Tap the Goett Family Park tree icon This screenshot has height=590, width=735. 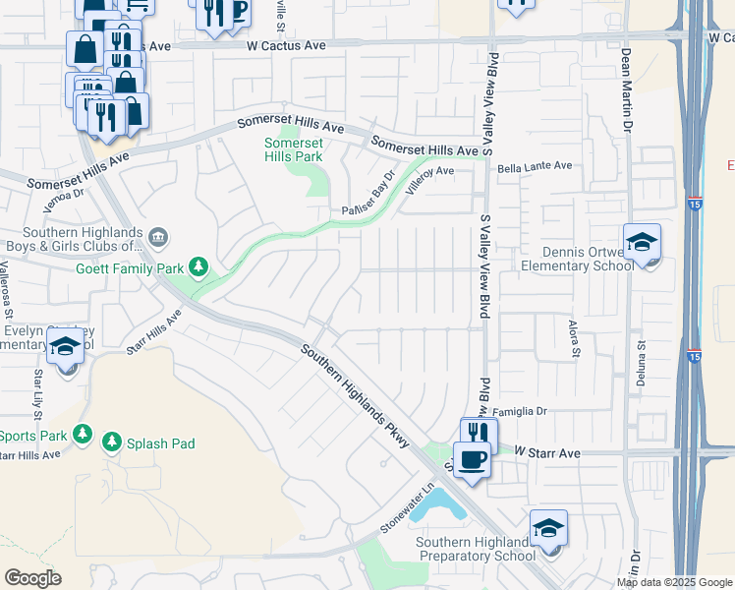199,266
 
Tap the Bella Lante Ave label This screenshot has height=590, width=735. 534,168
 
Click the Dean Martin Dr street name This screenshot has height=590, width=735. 625,79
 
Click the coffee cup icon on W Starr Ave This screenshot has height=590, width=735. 473,460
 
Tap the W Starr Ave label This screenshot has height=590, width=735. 547,452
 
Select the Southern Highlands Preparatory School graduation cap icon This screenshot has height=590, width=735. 548,529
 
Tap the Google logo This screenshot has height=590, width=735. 32,577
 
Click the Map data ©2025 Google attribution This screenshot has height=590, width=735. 673,582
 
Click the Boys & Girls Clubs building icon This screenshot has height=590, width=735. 160,237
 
